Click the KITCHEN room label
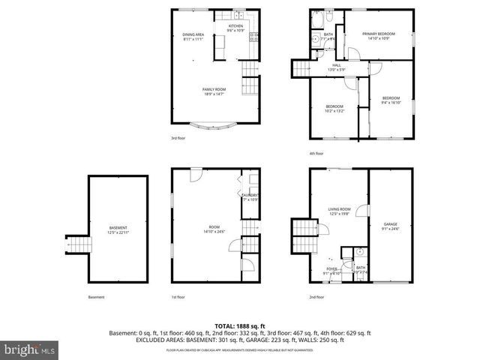click(236, 28)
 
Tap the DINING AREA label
click(193, 36)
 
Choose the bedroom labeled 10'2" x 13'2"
click(334, 109)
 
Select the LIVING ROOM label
click(339, 211)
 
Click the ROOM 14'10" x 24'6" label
click(214, 229)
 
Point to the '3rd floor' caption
click(178, 138)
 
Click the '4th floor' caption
click(316, 153)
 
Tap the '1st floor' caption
click(178, 297)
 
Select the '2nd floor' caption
click(316, 297)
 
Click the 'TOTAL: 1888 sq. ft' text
click(240, 325)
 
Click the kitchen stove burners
click(254, 35)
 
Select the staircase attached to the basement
click(77, 245)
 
